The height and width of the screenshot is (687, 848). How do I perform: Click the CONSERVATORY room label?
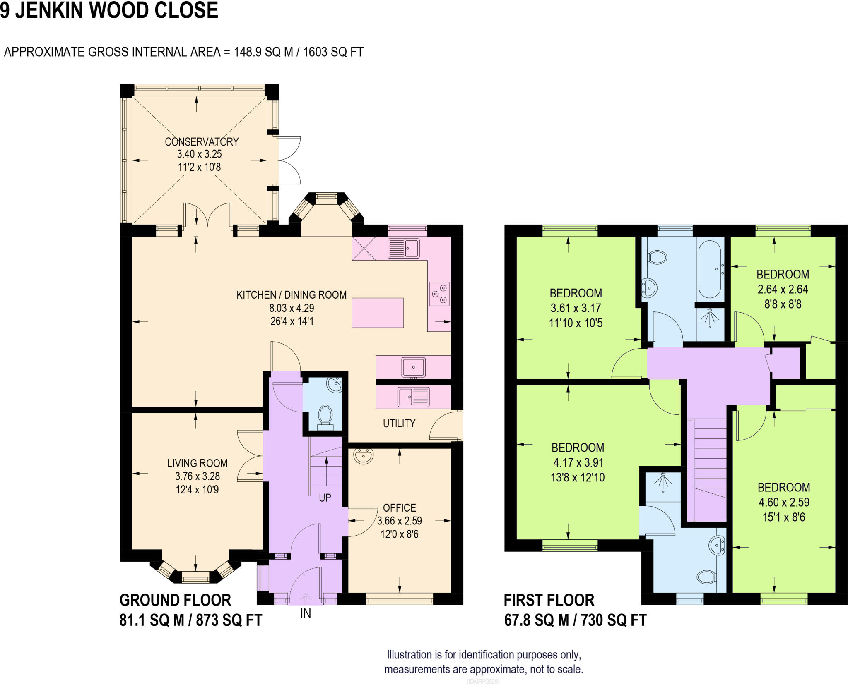coord(202,142)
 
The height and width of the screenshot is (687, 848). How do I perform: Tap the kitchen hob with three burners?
coord(439,294)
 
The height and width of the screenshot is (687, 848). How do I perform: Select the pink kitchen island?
coord(378,313)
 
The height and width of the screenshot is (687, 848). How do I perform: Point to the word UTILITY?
coord(399,423)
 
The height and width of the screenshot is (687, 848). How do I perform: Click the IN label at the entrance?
coord(306,614)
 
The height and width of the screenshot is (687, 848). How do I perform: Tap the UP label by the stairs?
coord(325,498)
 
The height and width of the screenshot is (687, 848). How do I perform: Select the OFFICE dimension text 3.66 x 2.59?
coord(400,521)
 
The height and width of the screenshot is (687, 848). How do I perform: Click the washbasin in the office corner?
coord(364,456)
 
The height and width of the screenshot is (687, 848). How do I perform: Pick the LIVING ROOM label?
coord(197,463)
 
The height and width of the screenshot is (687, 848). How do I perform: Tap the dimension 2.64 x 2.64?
coord(783,290)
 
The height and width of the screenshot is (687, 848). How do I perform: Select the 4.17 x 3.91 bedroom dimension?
coord(578,462)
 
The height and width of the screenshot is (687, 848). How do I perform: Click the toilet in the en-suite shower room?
coord(707,577)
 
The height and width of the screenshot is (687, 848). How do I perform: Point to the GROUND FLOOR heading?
coord(175,600)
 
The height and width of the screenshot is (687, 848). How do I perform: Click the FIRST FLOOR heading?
coord(549,600)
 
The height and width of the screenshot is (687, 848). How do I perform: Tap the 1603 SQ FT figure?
coord(333,52)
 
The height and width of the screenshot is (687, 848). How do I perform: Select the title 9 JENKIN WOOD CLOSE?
coord(109,11)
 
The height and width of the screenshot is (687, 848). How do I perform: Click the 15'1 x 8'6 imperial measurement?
coord(784,517)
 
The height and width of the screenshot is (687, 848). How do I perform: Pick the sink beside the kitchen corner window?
coord(403,249)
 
